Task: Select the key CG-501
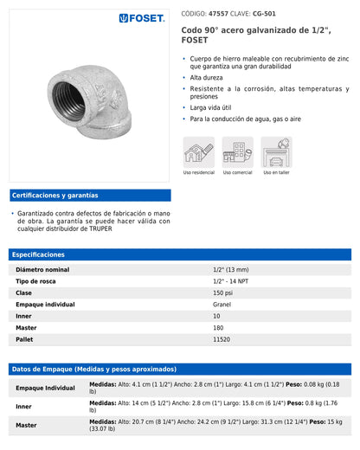click(264, 14)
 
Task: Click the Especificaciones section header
click(38, 254)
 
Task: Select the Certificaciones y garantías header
click(55, 196)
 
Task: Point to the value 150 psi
click(223, 292)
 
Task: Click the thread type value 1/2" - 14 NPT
click(230, 281)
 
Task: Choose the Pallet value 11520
click(222, 338)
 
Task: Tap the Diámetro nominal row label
click(42, 270)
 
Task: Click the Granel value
click(222, 305)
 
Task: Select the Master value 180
click(218, 327)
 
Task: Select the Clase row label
click(24, 292)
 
